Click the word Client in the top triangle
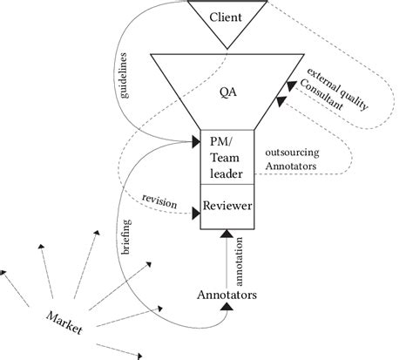tap(226, 16)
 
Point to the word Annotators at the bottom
tap(227, 295)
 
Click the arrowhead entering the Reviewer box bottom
tap(226, 234)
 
